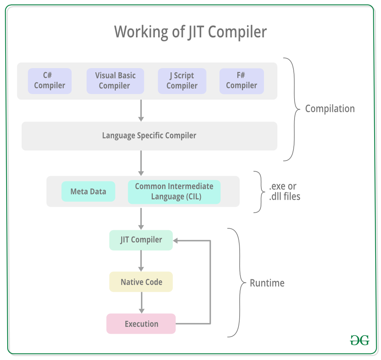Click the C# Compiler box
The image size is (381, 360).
pyautogui.click(x=50, y=81)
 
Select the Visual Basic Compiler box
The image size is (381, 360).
pyautogui.click(x=115, y=81)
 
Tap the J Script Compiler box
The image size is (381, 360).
pyautogui.click(x=182, y=81)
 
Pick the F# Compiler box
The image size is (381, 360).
pyautogui.click(x=242, y=81)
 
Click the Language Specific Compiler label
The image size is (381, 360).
pyautogui.click(x=149, y=135)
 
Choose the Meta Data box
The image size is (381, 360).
pyautogui.click(x=88, y=191)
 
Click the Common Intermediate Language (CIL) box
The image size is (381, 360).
pyautogui.click(x=174, y=192)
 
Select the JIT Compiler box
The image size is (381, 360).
pyautogui.click(x=141, y=240)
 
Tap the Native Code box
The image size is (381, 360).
pyautogui.click(x=141, y=282)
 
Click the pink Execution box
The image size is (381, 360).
pyautogui.click(x=141, y=323)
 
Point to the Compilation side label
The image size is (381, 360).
pyautogui.click(x=330, y=109)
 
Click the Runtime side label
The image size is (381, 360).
pyautogui.click(x=267, y=283)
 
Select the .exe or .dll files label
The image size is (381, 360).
pyautogui.click(x=285, y=191)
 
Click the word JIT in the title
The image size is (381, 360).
pyautogui.click(x=196, y=32)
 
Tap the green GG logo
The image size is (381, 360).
pyautogui.click(x=360, y=340)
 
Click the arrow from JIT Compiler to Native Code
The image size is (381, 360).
pyautogui.click(x=141, y=261)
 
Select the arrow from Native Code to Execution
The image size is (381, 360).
pyautogui.click(x=141, y=303)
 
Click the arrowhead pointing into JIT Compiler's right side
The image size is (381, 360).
pyautogui.click(x=175, y=241)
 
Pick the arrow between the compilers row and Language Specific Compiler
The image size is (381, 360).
pyautogui.click(x=141, y=110)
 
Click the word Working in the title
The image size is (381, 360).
pyautogui.click(x=142, y=32)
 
